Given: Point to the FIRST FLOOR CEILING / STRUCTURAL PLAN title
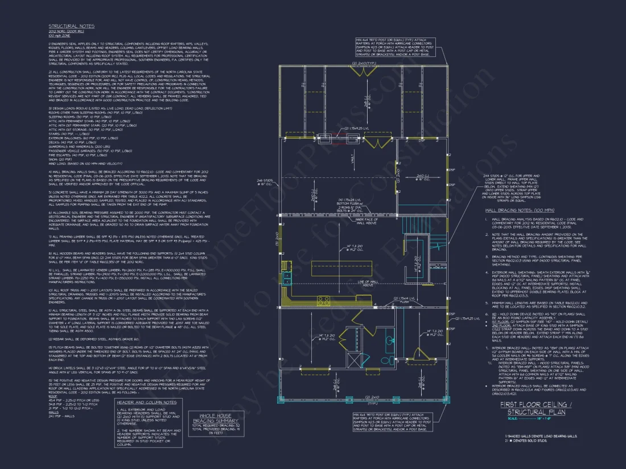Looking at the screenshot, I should pyautogui.click(x=533, y=408).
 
